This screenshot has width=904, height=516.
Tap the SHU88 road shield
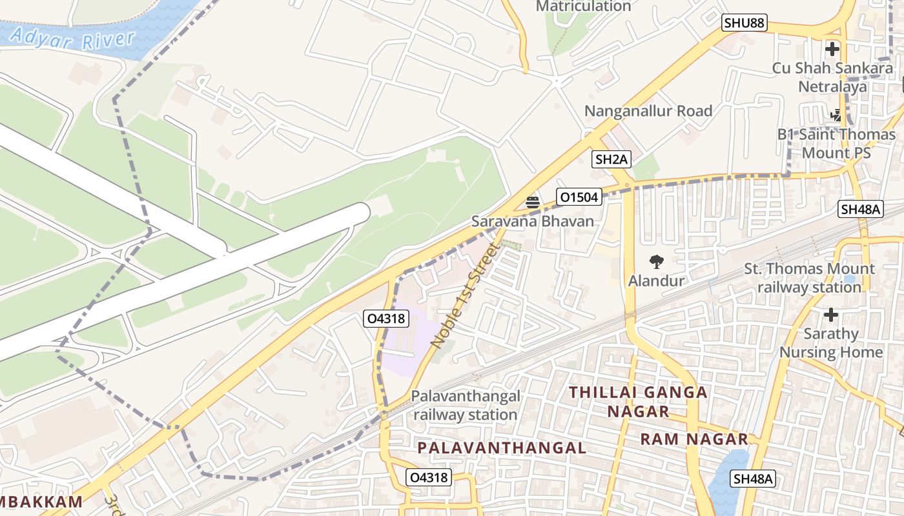coord(744,23)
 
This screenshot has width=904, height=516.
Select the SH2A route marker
coord(611,159)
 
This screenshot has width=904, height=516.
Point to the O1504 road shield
coord(579,197)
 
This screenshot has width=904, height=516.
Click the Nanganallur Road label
coord(648,111)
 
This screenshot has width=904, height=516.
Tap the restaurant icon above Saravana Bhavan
coord(532,202)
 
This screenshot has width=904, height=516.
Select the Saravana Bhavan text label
coord(532,221)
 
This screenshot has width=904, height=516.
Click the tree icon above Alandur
coord(656,262)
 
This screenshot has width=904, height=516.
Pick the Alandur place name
coord(656,281)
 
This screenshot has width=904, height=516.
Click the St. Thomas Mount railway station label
coord(809,277)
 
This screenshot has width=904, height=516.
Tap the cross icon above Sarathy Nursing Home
coord(830,315)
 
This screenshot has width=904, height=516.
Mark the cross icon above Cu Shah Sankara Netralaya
coord(832,48)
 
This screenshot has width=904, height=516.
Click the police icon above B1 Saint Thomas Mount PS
coord(836,115)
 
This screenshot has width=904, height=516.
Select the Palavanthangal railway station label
coord(465,405)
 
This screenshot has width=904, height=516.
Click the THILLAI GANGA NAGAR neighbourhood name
coord(638,401)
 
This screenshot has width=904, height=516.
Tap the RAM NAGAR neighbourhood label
coord(693,439)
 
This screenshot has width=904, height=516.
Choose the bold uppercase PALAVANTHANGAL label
coord(501,448)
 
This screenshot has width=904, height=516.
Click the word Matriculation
coord(583,6)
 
